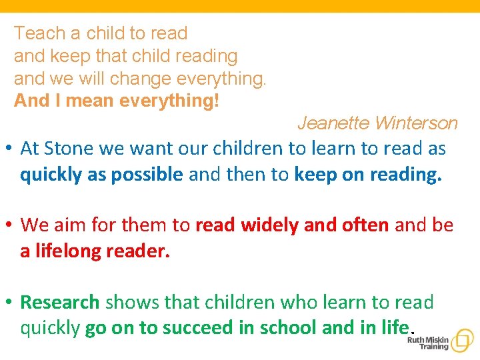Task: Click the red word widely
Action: [x=269, y=225]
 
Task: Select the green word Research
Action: [x=60, y=302]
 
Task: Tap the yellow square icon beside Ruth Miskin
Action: [x=462, y=341]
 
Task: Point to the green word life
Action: [x=396, y=328]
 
